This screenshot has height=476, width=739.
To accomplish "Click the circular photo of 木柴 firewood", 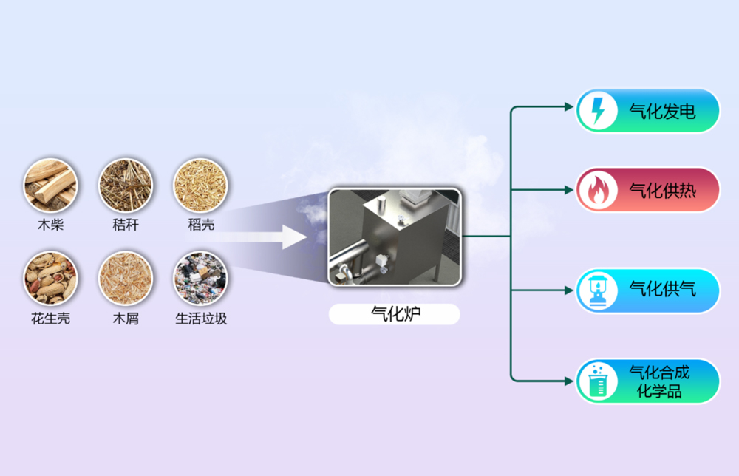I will click(50, 185).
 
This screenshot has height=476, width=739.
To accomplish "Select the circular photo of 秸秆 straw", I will click(126, 185).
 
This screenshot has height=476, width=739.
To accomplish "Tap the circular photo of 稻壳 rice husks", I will click(200, 185).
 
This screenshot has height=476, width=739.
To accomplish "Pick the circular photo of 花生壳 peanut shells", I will click(50, 279).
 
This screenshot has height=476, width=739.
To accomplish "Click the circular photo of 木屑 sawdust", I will click(126, 279).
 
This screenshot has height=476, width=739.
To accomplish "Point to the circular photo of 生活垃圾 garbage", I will click(200, 279).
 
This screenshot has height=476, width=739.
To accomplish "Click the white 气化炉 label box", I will click(394, 314).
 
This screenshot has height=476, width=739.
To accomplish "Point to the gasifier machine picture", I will click(394, 237).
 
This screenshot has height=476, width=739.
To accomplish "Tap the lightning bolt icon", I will click(597, 111).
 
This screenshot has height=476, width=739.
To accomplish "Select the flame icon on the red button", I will click(597, 190).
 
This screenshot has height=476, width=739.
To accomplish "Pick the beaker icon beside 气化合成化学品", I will click(597, 381).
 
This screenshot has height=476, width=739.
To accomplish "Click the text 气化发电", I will click(662, 112).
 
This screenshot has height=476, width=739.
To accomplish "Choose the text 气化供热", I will click(662, 190).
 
